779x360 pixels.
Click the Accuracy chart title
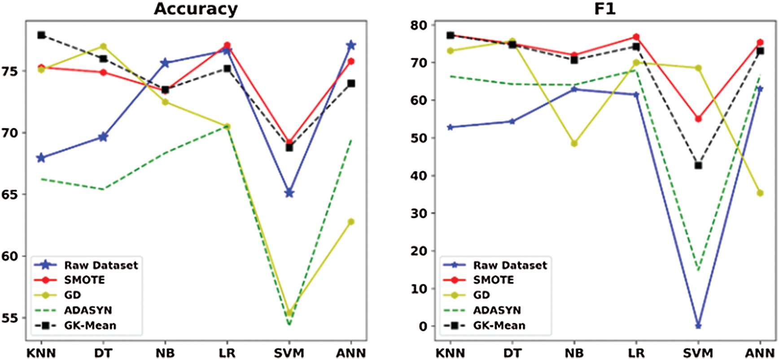(x=196, y=9)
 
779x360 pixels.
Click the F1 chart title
(x=604, y=9)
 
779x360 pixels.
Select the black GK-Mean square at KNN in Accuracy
(x=41, y=35)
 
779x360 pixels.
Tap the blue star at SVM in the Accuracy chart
(x=289, y=193)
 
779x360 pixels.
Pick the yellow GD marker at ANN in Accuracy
(x=351, y=222)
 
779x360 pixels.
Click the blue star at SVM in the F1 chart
(x=698, y=326)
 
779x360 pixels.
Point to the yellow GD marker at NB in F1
(x=574, y=144)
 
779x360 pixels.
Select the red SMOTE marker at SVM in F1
(x=698, y=119)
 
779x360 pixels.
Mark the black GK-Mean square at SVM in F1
(x=698, y=166)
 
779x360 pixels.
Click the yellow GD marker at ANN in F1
(x=760, y=193)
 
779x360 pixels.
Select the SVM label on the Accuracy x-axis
(x=289, y=353)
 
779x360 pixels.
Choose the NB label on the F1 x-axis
(x=574, y=353)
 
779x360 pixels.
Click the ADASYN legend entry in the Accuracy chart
(x=88, y=310)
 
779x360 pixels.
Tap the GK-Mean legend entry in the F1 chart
(x=499, y=325)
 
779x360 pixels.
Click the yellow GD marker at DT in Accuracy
(x=103, y=46)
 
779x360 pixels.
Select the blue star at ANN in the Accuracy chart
(x=351, y=45)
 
